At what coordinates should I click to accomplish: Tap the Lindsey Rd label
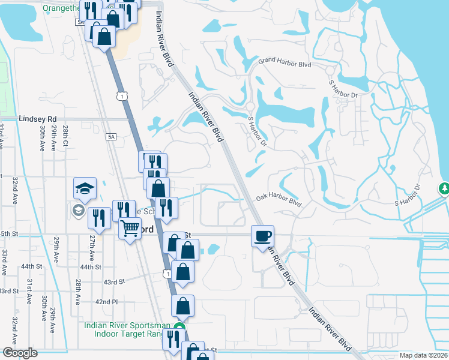37,119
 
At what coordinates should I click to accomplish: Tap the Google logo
19,353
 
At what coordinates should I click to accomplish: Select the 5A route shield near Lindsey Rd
111,137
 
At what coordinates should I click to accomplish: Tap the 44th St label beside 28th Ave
91,267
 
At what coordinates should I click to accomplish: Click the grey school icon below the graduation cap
77,210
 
